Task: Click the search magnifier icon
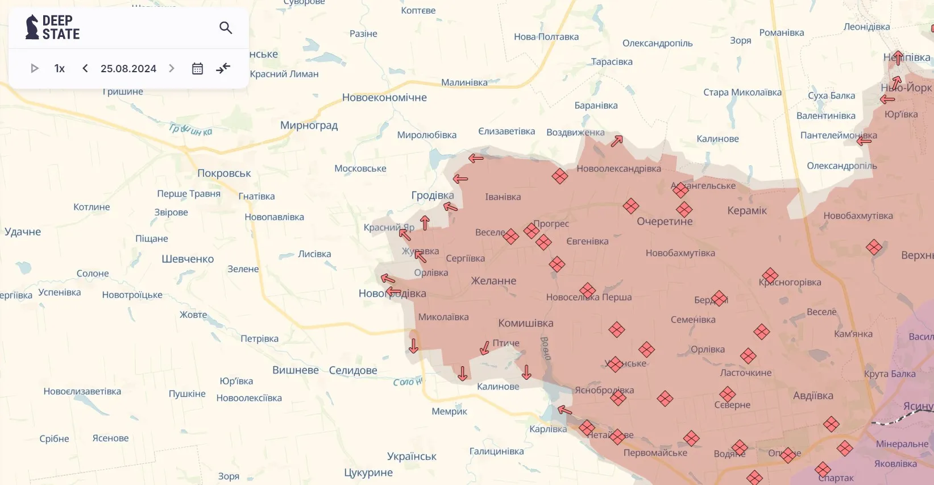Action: [226, 27]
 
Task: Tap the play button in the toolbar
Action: [34, 68]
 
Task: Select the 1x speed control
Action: [59, 68]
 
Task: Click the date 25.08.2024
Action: [128, 68]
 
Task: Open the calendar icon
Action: [197, 68]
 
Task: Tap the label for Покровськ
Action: [224, 173]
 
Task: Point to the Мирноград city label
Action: [309, 125]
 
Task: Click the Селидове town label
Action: [353, 370]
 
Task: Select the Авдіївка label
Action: [813, 396]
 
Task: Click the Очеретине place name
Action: [665, 221]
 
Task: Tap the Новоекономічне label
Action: [384, 97]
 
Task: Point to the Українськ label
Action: [412, 456]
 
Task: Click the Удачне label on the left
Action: [23, 231]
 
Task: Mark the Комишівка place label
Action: [526, 323]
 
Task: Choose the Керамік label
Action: [747, 210]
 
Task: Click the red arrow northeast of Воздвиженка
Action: [617, 141]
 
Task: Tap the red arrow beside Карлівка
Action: [564, 410]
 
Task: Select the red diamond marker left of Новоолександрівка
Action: [560, 176]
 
